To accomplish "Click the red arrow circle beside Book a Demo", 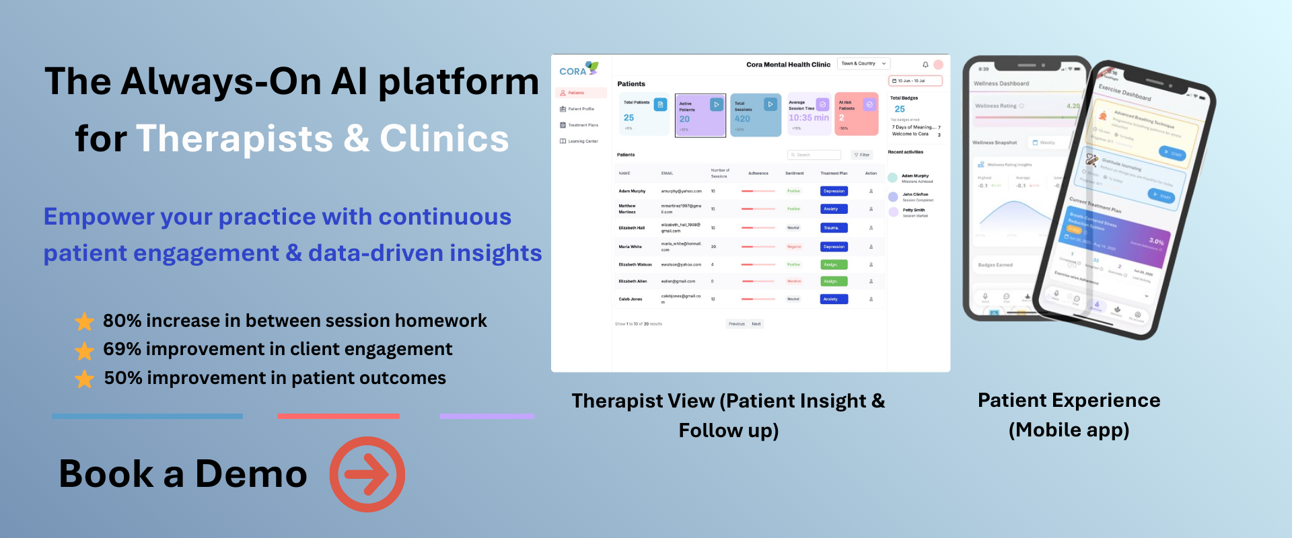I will [367, 474].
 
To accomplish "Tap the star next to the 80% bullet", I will [84, 321].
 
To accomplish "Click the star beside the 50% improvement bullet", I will [84, 379].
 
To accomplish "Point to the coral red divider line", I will [338, 416].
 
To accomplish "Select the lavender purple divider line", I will [487, 416].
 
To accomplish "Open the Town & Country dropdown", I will [863, 64].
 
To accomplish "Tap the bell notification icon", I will [925, 65].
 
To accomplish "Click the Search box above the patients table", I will [814, 155].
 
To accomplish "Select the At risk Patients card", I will [856, 114].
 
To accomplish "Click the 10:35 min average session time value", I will [809, 118].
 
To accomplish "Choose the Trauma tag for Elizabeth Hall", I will [833, 228].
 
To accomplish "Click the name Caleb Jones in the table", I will [631, 299].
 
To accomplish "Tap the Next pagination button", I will [756, 324].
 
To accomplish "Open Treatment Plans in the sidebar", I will [583, 125].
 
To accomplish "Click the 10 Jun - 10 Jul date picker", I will [914, 81].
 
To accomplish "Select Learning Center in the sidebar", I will [583, 141].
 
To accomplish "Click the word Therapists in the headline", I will [234, 139].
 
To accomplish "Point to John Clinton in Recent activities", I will [915, 194].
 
